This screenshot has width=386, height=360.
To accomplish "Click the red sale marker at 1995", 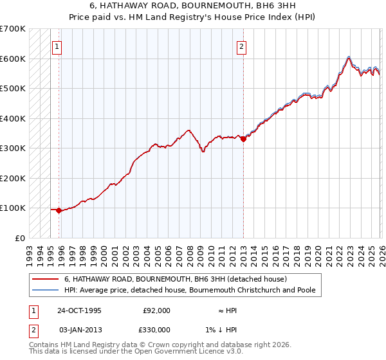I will pos(59,210).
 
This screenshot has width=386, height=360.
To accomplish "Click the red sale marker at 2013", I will pos(243,139).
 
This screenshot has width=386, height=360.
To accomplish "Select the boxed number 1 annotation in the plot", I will pos(57,46).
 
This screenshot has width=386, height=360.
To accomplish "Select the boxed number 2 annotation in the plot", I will pos(241,46).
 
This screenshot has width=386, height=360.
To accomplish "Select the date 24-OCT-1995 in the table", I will pos(79,310).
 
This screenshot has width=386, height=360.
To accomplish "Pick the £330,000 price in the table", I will pos(156,330).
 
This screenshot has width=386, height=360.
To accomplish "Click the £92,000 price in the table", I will pos(156,310).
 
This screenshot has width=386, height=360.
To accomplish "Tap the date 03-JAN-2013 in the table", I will pos(79,330).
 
